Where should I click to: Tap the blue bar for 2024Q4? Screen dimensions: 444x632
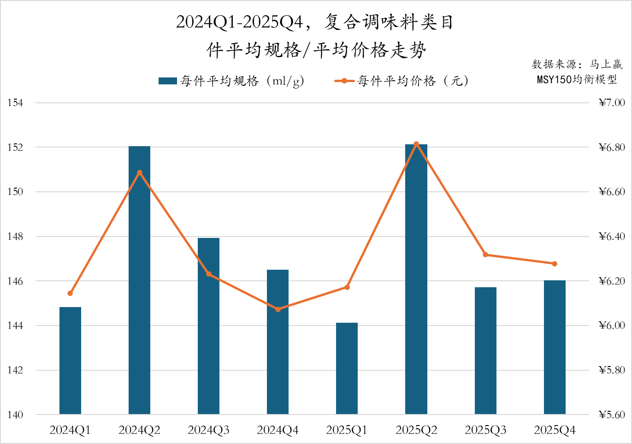278,342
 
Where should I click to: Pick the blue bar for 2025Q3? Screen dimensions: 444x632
485,350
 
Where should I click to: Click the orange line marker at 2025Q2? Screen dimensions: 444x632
416,144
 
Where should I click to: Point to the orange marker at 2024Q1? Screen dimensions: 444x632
70,293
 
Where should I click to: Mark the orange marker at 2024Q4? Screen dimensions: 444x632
278,309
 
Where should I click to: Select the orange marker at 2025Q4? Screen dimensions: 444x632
555,264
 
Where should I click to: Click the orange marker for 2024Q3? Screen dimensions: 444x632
209,274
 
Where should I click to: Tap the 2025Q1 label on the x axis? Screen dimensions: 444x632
347,430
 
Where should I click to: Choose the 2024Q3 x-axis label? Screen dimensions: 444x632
208,430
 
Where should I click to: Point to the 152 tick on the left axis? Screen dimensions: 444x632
15,148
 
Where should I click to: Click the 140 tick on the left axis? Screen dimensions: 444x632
15,414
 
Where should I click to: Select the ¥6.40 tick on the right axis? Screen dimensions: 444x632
612,237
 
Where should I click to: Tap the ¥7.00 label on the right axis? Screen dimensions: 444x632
612,103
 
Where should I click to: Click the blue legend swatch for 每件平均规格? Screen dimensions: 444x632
167,81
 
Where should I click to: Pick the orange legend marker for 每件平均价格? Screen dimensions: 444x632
344,81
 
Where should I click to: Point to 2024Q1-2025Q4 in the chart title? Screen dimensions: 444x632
240,22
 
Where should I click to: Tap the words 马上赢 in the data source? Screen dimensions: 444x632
606,64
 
